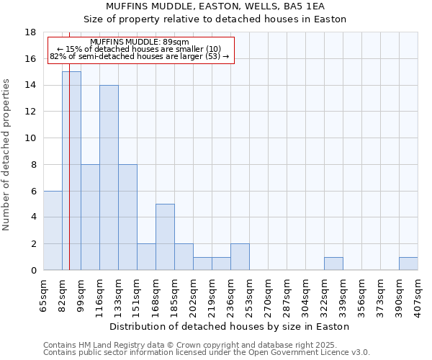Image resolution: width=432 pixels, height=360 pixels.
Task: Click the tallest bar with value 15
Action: click(x=71, y=171)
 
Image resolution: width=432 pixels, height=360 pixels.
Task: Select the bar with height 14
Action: click(x=109, y=177)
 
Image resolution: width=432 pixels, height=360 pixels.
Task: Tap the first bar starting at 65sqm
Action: click(x=53, y=230)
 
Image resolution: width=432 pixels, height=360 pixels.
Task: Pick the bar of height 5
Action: click(x=165, y=237)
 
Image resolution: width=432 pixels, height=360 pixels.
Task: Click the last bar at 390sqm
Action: click(x=408, y=264)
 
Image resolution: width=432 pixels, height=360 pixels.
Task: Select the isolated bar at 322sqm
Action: click(x=333, y=264)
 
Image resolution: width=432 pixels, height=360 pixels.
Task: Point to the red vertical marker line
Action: click(x=69, y=180)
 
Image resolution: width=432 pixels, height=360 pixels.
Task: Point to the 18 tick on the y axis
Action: click(x=30, y=32)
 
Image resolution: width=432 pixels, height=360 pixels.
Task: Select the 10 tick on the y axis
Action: click(x=30, y=138)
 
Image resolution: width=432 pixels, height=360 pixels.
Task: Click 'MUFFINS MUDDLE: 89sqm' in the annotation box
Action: click(x=140, y=42)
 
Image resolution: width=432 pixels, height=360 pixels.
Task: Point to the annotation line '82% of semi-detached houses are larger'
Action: click(x=139, y=56)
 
